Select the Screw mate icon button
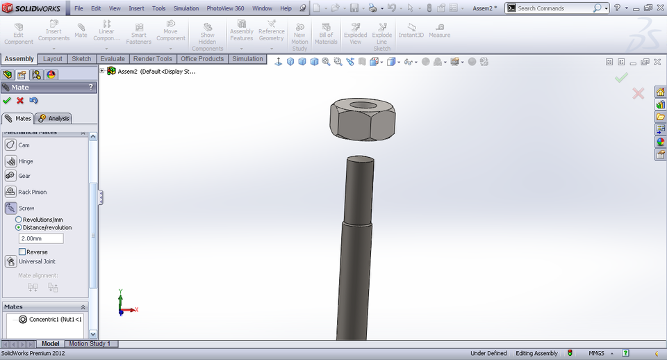coord(11,208)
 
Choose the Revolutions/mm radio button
coord(19,220)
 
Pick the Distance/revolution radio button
coord(19,227)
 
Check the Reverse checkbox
coord(22,252)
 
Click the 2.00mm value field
coord(41,238)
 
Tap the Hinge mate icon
coord(11,161)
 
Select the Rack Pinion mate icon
coord(11,192)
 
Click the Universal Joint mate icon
coord(11,261)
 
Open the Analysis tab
coord(55,119)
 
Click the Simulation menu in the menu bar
coord(186,8)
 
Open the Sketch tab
coord(81,59)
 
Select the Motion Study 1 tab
coord(89,344)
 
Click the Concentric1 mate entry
coord(55,320)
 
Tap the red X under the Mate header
coord(20,101)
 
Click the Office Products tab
coord(202,59)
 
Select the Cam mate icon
coord(11,145)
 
